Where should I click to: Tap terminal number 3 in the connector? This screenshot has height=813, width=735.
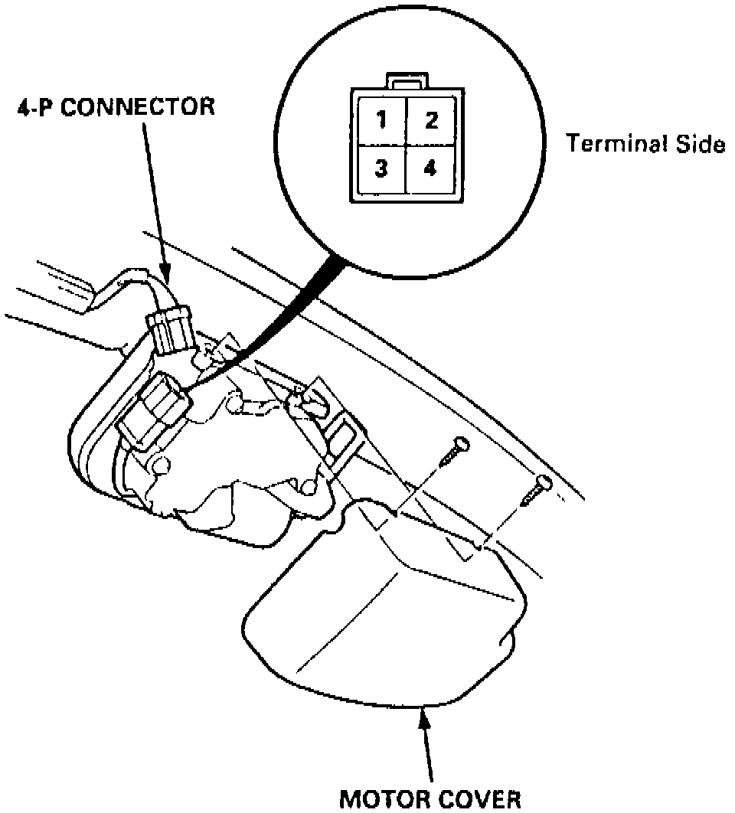coord(381,169)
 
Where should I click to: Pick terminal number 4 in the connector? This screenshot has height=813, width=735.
coord(431,169)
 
